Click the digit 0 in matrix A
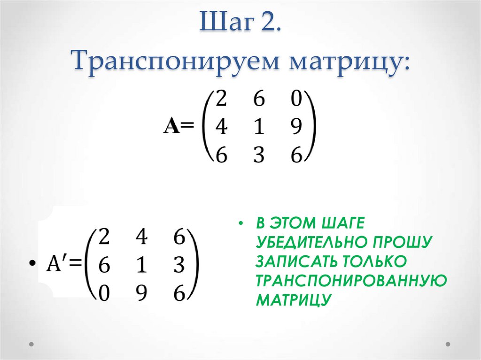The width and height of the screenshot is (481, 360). click(296, 99)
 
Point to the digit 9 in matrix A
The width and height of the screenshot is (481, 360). click(296, 127)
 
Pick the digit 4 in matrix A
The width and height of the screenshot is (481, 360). click(221, 127)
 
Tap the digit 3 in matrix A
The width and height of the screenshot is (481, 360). click(259, 154)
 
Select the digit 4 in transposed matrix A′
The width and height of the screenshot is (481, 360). click(141, 237)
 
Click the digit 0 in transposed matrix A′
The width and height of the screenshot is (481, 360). click(104, 293)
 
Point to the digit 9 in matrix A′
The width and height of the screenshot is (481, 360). click(141, 293)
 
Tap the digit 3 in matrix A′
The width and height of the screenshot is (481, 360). click(179, 265)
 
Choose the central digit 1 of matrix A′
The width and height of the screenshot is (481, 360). click(141, 265)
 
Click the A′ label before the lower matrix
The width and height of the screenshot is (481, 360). click(56, 264)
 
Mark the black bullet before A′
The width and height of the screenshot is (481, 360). click(31, 263)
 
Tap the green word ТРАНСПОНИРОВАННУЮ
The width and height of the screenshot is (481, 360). click(351, 280)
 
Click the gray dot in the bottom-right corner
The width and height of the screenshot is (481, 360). click(448, 344)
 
